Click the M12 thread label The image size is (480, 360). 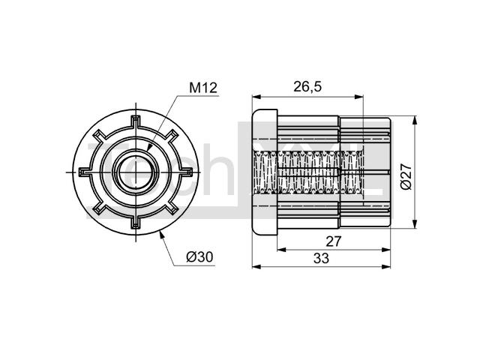click(203, 88)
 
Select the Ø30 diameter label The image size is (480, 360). click(199, 257)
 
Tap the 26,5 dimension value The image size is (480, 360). click(307, 87)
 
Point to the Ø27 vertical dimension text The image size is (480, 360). click(406, 177)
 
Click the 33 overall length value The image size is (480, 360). click(321, 258)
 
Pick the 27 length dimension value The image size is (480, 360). click(333, 241)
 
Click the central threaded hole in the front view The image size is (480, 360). click(136, 172)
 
